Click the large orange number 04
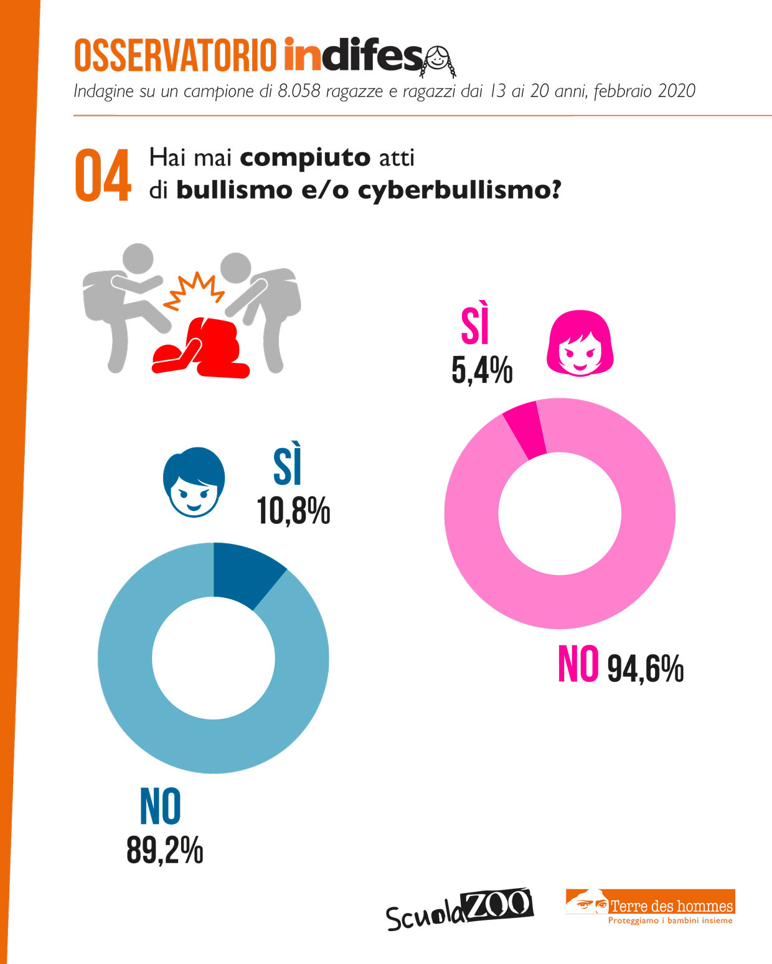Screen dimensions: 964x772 (x=103, y=176)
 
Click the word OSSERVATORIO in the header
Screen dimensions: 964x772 (x=175, y=55)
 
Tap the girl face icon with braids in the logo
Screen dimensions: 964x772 (x=440, y=60)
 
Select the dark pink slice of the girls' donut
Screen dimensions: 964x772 (x=524, y=429)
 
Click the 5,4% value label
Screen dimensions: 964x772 (x=482, y=371)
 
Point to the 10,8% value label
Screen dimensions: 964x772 (x=293, y=512)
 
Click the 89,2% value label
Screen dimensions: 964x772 (x=164, y=849)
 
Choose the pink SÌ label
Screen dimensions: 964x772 (x=475, y=324)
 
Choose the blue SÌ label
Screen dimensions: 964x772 (x=288, y=464)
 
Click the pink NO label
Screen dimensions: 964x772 (x=578, y=665)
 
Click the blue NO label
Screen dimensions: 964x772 (x=161, y=807)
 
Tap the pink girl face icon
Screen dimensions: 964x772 (x=580, y=344)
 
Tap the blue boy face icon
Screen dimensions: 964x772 (x=194, y=482)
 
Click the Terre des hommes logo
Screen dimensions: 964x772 (x=651, y=907)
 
